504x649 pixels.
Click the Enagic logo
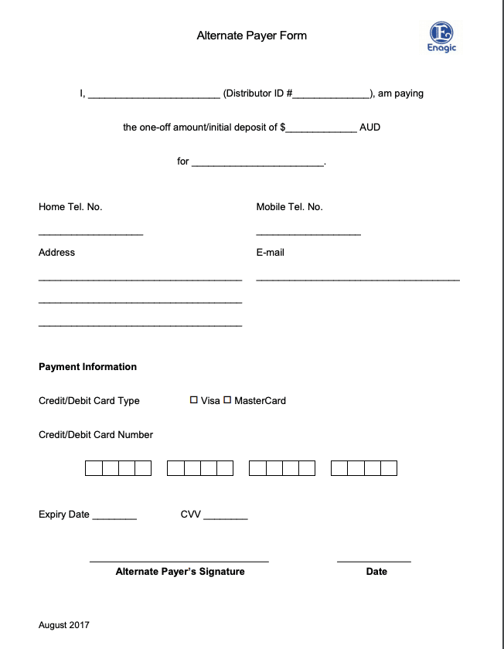click(x=442, y=36)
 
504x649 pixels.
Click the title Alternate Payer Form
click(x=251, y=36)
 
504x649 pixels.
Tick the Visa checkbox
click(x=194, y=400)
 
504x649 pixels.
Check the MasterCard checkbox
click(x=227, y=400)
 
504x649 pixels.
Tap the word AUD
click(x=370, y=127)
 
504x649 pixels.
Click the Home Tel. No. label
click(x=70, y=207)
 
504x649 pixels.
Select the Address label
click(x=57, y=253)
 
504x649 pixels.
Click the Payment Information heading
click(x=87, y=367)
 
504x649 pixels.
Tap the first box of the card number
click(x=93, y=468)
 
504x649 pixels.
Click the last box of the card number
click(x=389, y=468)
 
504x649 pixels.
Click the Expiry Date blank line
click(x=114, y=517)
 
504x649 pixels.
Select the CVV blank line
click(x=226, y=517)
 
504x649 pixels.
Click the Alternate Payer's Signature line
click(x=179, y=559)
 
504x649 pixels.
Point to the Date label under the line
click(x=376, y=572)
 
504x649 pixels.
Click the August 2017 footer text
click(x=64, y=625)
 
